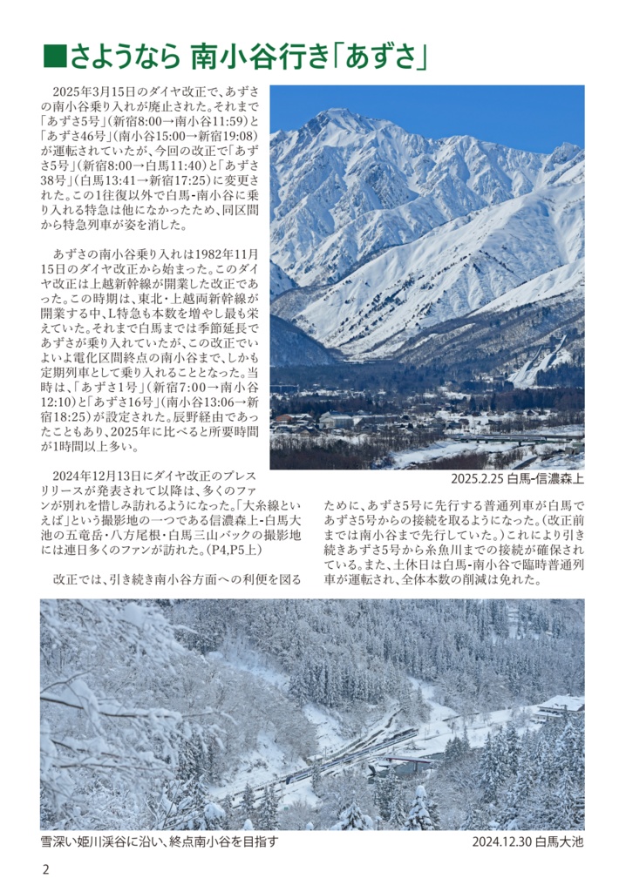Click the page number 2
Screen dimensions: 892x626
(45, 868)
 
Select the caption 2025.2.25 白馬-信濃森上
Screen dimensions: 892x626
(518, 479)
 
